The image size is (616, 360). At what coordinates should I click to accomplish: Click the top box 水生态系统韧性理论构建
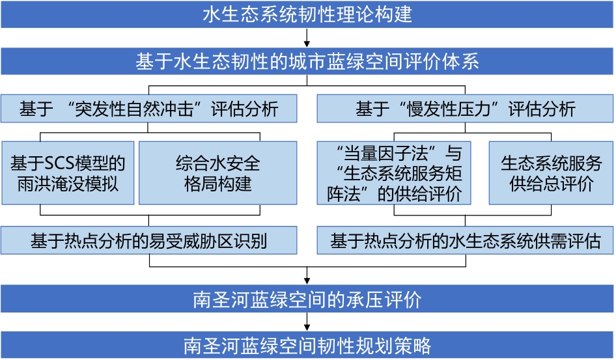[307, 14]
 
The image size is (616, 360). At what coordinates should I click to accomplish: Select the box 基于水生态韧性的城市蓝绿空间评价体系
[307, 61]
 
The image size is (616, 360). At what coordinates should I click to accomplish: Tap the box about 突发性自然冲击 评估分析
[149, 108]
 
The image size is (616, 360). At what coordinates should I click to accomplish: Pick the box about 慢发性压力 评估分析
[465, 108]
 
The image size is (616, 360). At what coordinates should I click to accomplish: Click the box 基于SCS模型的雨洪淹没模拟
[68, 173]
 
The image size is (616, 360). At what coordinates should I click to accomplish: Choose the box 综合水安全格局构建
[218, 173]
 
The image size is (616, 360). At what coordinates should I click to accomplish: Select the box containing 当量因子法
[394, 173]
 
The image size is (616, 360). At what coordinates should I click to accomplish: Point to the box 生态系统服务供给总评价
[551, 173]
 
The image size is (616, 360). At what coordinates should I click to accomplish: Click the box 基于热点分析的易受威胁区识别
[149, 240]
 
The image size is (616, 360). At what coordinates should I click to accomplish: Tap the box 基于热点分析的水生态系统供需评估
[465, 240]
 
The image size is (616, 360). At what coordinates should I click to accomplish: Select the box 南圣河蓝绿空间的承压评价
[307, 299]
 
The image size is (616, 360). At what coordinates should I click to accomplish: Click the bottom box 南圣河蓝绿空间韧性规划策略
[307, 345]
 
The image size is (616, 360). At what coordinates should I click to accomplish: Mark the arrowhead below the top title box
[307, 43]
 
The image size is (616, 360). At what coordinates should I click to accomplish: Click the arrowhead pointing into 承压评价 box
[307, 281]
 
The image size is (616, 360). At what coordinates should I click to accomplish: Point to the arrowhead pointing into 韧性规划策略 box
[307, 327]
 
